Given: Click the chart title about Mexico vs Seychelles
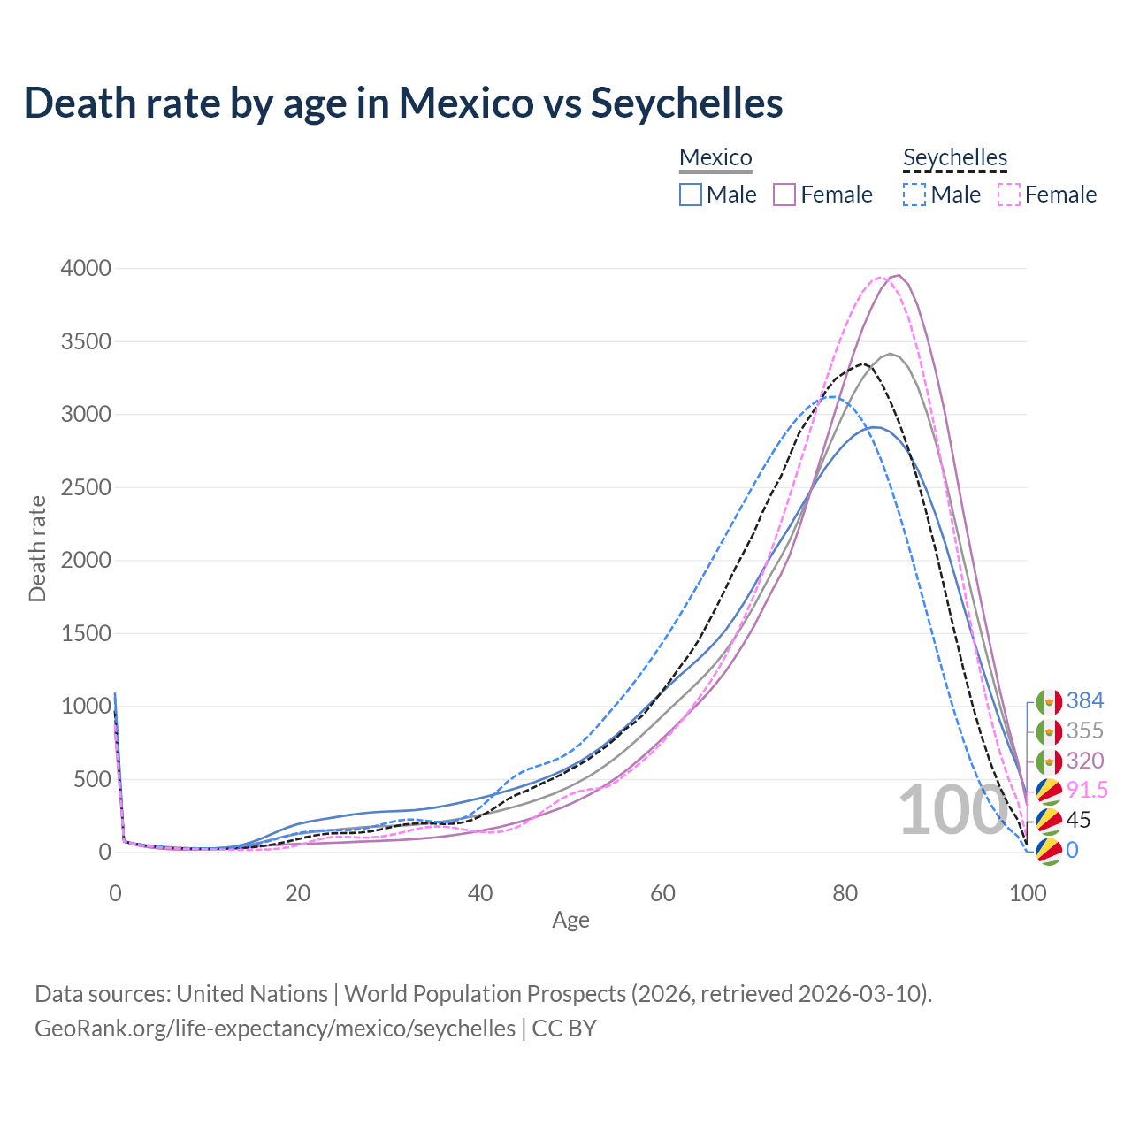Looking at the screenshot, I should click(x=403, y=103).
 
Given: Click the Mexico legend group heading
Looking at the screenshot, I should click(x=715, y=157).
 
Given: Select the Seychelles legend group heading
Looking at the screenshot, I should click(x=955, y=157).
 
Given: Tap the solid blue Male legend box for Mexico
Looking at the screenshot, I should click(x=691, y=195).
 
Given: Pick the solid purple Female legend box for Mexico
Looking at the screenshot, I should click(x=785, y=195).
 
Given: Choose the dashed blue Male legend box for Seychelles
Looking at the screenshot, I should click(x=914, y=195).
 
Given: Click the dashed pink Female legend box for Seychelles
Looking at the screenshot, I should click(x=1009, y=195).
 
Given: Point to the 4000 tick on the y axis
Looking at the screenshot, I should click(x=86, y=268).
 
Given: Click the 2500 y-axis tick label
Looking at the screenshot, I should click(x=86, y=487).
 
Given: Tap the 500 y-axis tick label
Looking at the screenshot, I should click(x=92, y=779).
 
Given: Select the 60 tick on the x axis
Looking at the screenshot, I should click(x=662, y=893).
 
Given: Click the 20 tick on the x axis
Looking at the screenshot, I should click(x=298, y=893).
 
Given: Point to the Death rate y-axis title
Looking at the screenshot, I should click(x=37, y=548).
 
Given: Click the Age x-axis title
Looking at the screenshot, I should click(x=570, y=920).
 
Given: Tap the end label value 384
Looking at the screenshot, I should click(x=1085, y=701).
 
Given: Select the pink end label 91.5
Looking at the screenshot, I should click(x=1087, y=790).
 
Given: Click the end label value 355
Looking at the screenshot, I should click(x=1085, y=730).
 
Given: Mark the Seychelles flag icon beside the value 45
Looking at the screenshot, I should click(x=1049, y=821).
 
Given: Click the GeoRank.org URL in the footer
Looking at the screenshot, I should click(x=275, y=1029).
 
